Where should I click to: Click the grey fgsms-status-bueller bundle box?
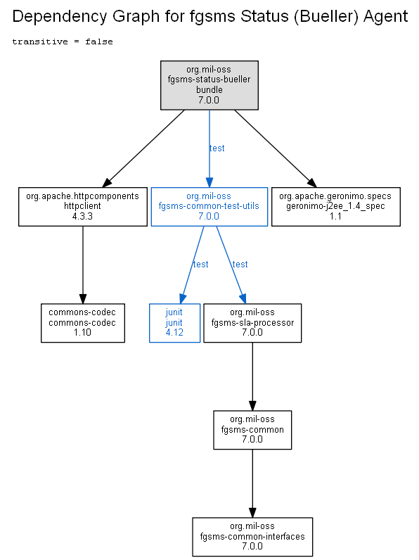pos(209,85)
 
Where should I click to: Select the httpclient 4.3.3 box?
pos(83,207)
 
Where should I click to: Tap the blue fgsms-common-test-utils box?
pos(209,207)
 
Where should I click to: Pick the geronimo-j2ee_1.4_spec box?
pos(336,207)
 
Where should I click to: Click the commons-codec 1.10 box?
pos(83,323)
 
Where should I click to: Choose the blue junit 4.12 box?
pos(174,323)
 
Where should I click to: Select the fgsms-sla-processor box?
pos(252,323)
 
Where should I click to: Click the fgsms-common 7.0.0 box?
pos(252,430)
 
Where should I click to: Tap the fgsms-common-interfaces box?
pos(252,537)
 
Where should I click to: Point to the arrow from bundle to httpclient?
pos(143,148)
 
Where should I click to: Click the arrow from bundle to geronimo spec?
pos(276,148)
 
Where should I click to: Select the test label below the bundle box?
pos(217,148)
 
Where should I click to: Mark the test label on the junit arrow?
pos(200,265)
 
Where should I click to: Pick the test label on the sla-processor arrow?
pos(240,265)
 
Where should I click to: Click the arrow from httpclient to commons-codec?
pos(83,265)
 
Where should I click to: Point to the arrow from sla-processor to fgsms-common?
pos(252,376)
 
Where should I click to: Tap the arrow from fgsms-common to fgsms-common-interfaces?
pos(252,483)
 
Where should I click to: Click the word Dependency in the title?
pos(60,17)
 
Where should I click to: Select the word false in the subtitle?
pos(99,42)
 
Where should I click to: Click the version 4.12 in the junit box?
pos(174,333)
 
